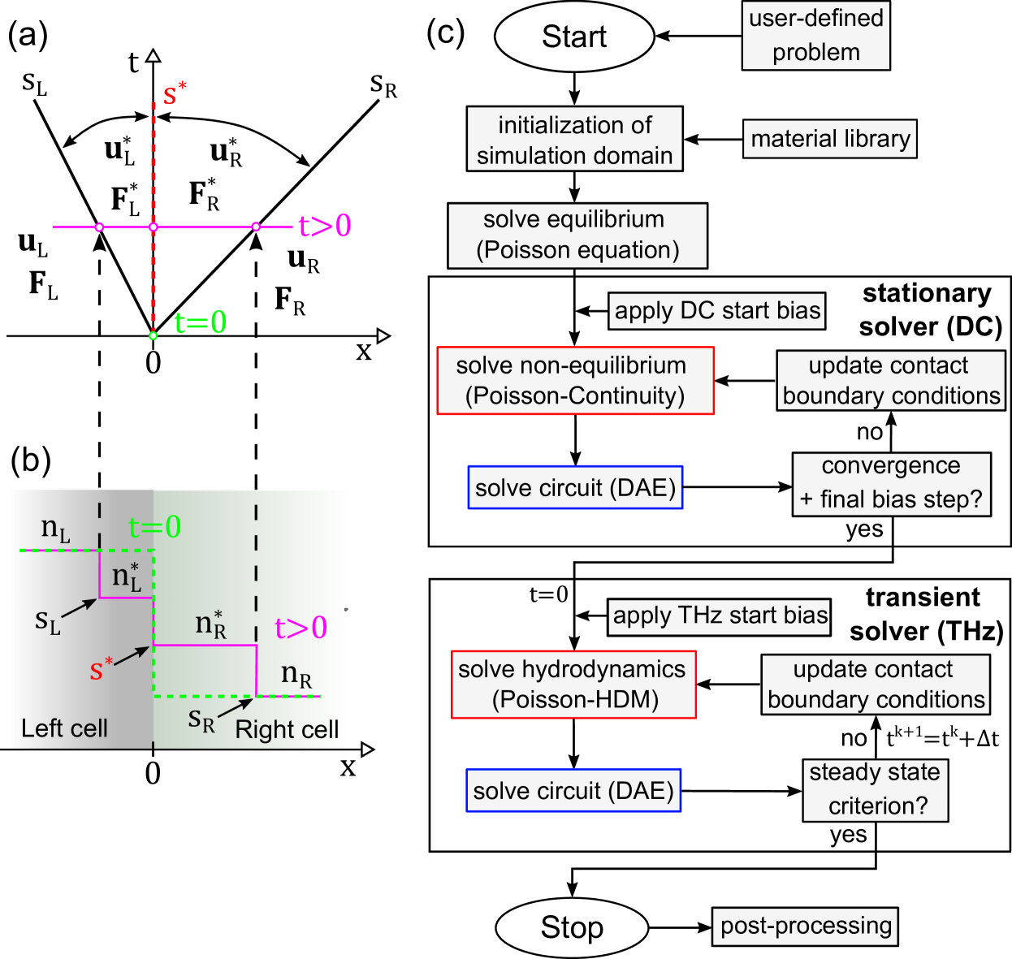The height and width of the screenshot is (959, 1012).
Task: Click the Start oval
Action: tap(574, 37)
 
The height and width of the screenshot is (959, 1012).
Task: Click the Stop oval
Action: tap(572, 927)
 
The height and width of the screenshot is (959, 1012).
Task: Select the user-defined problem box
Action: tap(815, 35)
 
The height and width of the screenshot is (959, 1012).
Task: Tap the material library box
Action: tap(829, 139)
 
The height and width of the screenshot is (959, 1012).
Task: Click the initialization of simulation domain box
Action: tap(574, 140)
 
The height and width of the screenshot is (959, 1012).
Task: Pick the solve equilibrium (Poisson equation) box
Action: tap(577, 235)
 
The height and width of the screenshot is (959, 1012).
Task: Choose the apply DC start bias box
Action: tap(716, 311)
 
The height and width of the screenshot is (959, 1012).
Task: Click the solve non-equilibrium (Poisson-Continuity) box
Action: tap(575, 381)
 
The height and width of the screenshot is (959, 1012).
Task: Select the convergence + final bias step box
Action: tap(891, 483)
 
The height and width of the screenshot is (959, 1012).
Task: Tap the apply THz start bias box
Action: tap(720, 616)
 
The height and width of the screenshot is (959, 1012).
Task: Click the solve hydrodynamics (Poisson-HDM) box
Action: tap(573, 685)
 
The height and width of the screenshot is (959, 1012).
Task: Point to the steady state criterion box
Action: tap(876, 789)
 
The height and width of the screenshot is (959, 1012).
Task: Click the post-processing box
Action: tap(805, 927)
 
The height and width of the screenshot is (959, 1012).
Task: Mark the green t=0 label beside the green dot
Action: tap(200, 323)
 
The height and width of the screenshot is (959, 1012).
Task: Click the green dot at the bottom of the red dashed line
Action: tap(153, 335)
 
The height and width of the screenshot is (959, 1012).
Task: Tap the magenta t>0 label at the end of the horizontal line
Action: tap(325, 226)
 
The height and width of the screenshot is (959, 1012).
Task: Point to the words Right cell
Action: tap(287, 730)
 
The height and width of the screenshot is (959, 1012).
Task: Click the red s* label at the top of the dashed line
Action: tap(174, 93)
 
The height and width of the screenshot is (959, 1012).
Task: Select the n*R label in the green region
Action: tap(210, 624)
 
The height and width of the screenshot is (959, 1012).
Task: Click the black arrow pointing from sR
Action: tap(236, 707)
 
